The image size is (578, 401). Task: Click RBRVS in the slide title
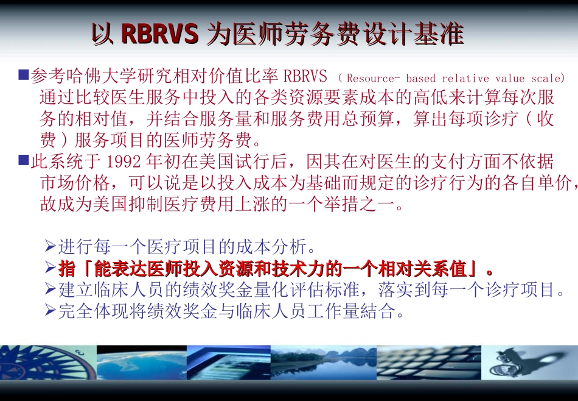point(160,34)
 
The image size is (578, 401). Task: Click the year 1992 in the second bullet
point(125,162)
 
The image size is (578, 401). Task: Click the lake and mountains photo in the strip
point(323,362)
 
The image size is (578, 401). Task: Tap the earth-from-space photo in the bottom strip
point(141,362)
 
